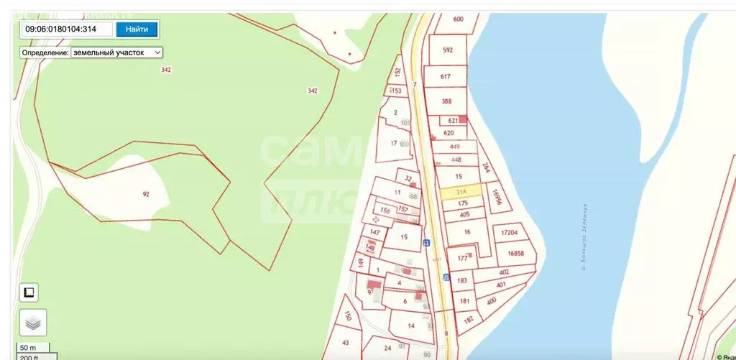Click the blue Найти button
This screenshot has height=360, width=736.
pyautogui.click(x=137, y=29)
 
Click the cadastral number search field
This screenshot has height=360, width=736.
pyautogui.click(x=68, y=29)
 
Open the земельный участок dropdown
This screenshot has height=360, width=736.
pyautogui.click(x=117, y=52)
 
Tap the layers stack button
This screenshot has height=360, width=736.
pyautogui.click(x=33, y=323)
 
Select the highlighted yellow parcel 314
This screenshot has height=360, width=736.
pyautogui.click(x=461, y=191)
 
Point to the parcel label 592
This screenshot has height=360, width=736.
pyautogui.click(x=448, y=50)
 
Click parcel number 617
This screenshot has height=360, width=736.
pyautogui.click(x=445, y=77)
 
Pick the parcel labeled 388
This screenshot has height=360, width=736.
pyautogui.click(x=446, y=101)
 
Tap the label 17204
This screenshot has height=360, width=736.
pyautogui.click(x=509, y=234)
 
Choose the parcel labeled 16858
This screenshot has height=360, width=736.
pyautogui.click(x=515, y=254)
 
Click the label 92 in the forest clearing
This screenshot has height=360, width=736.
pyautogui.click(x=146, y=194)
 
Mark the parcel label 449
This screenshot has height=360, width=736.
pyautogui.click(x=455, y=147)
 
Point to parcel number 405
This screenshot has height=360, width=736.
pyautogui.click(x=464, y=214)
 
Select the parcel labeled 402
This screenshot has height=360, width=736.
pyautogui.click(x=503, y=272)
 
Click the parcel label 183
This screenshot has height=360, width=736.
pyautogui.click(x=462, y=281)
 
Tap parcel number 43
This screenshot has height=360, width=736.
pyautogui.click(x=346, y=342)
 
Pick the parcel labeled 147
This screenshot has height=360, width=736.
pyautogui.click(x=374, y=233)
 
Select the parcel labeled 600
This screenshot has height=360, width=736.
pyautogui.click(x=458, y=19)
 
